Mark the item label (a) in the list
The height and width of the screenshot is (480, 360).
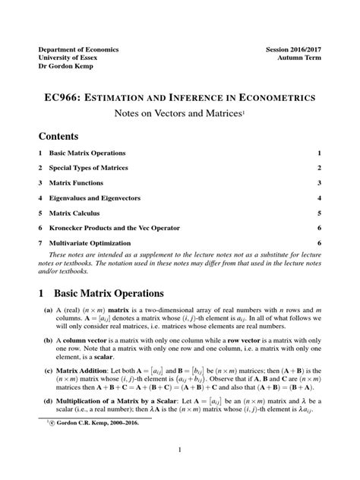(x=48, y=311)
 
